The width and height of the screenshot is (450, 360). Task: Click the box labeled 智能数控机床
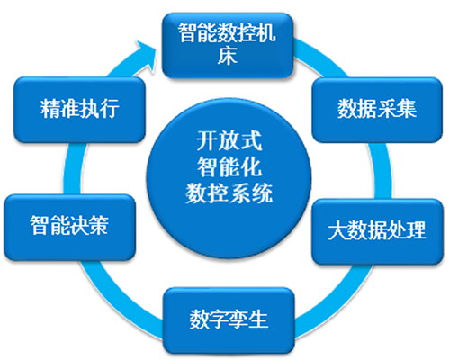click(228, 46)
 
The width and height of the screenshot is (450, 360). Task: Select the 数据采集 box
click(377, 110)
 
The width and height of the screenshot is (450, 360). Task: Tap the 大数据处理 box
click(378, 231)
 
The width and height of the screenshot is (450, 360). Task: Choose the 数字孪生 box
click(229, 320)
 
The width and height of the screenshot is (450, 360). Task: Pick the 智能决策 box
click(69, 227)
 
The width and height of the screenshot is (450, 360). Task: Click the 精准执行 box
click(79, 110)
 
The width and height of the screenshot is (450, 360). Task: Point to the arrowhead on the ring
click(146, 56)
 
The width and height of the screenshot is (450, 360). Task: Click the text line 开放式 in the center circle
click(229, 140)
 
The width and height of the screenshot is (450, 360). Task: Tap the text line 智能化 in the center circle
click(229, 166)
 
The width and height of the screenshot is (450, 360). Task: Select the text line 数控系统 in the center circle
click(229, 193)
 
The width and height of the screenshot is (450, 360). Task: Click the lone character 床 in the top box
click(228, 56)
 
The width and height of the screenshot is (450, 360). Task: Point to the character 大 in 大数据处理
click(337, 230)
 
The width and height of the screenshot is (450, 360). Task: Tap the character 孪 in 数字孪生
click(238, 319)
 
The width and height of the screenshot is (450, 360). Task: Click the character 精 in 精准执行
click(50, 108)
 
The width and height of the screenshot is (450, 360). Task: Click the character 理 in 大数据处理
click(416, 230)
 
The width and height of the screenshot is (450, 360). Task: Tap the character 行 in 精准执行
click(109, 108)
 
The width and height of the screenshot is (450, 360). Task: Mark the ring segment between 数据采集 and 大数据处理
click(382, 170)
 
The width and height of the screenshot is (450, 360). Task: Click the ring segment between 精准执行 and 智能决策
click(73, 168)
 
